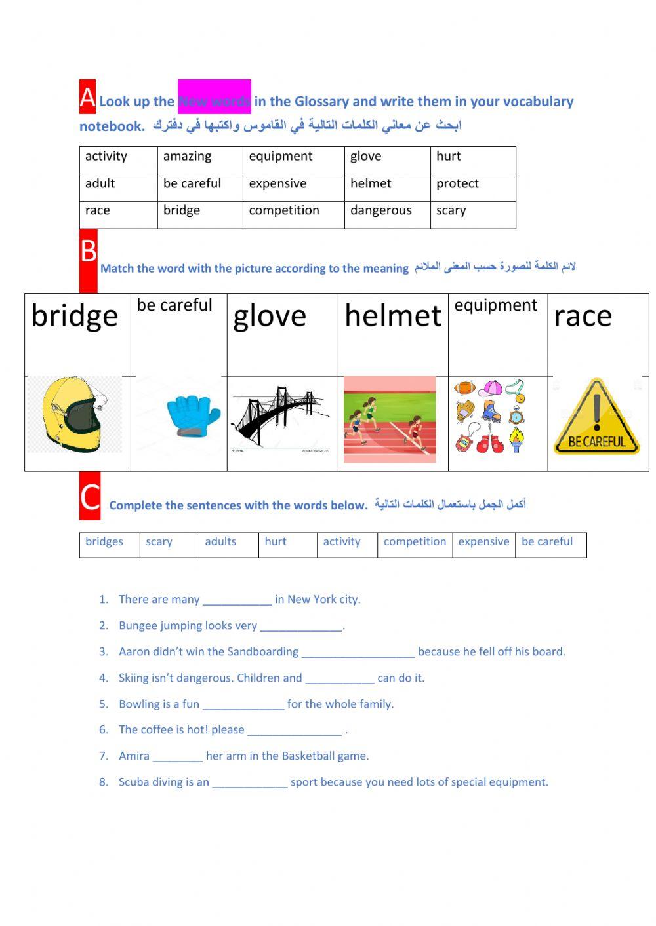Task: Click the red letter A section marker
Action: [87, 97]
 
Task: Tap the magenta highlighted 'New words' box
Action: [215, 97]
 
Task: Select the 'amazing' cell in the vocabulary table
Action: [187, 157]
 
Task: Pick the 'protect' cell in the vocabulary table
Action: [457, 184]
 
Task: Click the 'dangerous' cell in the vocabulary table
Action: [380, 211]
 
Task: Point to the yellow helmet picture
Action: [73, 415]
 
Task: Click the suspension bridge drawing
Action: [281, 416]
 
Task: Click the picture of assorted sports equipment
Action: [491, 417]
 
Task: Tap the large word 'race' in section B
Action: [583, 317]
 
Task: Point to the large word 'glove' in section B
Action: [270, 317]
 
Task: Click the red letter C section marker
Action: [90, 496]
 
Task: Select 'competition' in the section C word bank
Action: [415, 542]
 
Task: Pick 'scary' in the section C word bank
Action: [159, 542]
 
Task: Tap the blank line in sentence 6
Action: [295, 733]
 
